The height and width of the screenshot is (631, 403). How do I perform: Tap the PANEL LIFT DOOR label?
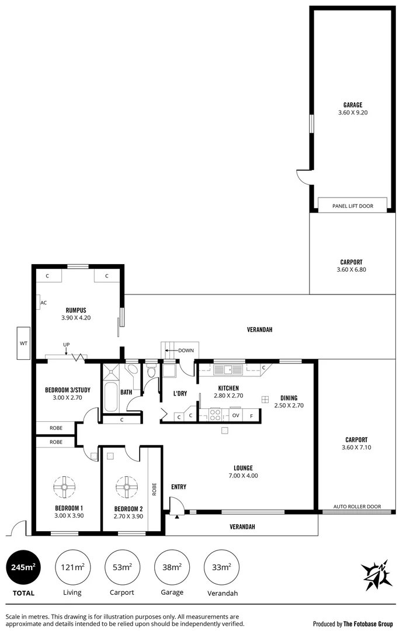click(x=352, y=206)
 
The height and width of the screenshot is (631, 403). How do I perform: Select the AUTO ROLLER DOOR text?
click(x=357, y=507)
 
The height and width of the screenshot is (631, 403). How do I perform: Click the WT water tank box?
click(x=24, y=343)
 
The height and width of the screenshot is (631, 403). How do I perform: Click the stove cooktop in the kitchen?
click(x=215, y=415)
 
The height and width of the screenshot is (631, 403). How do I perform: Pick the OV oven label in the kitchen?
click(x=235, y=415)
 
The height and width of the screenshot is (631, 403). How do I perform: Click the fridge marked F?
click(x=252, y=415)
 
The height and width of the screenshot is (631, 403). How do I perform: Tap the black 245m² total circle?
click(x=24, y=567)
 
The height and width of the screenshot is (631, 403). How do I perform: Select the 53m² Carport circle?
click(x=122, y=567)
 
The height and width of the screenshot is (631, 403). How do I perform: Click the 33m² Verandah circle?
click(x=222, y=567)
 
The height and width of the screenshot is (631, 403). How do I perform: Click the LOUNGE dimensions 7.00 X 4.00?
click(x=243, y=476)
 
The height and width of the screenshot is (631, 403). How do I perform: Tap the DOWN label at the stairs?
click(x=186, y=351)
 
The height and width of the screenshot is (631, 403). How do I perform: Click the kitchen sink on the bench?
click(x=225, y=369)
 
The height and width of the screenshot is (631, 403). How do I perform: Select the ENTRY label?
click(x=178, y=486)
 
